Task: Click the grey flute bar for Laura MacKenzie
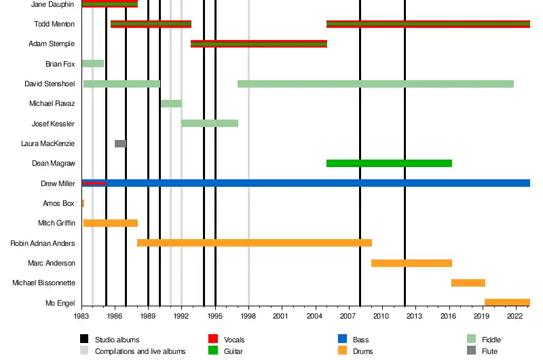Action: (x=120, y=143)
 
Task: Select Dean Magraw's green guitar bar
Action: (x=389, y=163)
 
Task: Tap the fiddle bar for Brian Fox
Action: (x=92, y=64)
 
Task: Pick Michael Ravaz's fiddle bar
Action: (x=171, y=103)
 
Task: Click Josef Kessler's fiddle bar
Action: (x=210, y=123)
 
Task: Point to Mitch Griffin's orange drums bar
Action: (x=111, y=223)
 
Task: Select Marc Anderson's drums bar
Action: (x=411, y=263)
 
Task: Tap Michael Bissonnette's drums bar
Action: (x=468, y=283)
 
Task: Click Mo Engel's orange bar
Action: (x=507, y=302)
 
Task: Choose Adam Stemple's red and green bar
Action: (x=259, y=44)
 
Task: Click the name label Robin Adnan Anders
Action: (x=43, y=243)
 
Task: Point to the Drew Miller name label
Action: (x=58, y=183)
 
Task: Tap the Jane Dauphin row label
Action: (x=53, y=5)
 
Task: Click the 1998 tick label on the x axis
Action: (x=248, y=317)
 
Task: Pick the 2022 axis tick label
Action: (x=514, y=317)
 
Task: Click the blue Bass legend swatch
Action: (x=342, y=339)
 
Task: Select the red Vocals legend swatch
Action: (x=212, y=339)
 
